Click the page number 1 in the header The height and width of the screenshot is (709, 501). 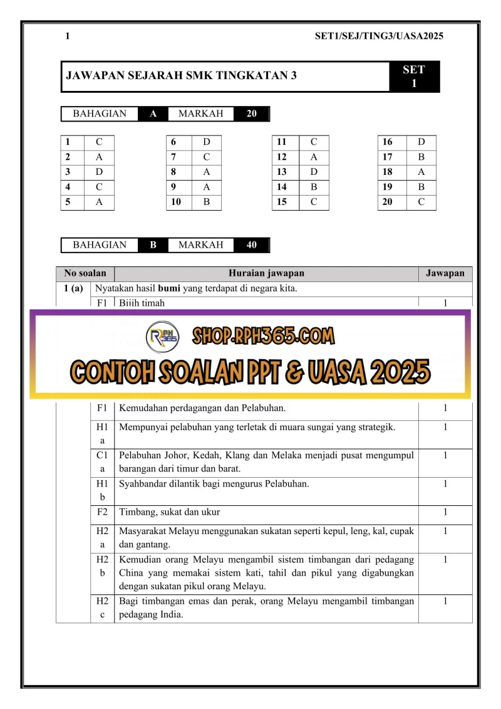coord(67,36)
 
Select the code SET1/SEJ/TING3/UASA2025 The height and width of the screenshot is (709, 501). coord(379,36)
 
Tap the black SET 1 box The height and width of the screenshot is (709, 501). coord(413,76)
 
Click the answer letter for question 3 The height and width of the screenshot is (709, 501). coord(99,172)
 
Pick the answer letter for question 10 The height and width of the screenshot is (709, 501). coord(207,202)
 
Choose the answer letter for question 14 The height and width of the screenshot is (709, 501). coord(314,187)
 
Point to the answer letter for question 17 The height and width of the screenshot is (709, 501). coord(421,157)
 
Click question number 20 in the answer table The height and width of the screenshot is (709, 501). coord(388,202)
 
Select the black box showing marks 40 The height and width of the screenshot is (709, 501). coord(251,245)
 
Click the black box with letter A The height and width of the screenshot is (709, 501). coord(153,114)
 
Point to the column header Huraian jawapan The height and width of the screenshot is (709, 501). coord(266,273)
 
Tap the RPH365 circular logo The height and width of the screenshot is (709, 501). coord(162,337)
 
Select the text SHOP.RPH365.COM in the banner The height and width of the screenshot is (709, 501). coord(263,336)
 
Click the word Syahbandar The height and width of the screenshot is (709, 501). coord(145,484)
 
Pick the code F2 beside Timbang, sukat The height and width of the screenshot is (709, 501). coord(102,512)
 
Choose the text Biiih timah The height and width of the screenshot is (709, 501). coord(142,303)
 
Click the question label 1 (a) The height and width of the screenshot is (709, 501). coord(73,289)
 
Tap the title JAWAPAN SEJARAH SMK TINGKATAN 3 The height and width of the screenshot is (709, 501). coord(182,76)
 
